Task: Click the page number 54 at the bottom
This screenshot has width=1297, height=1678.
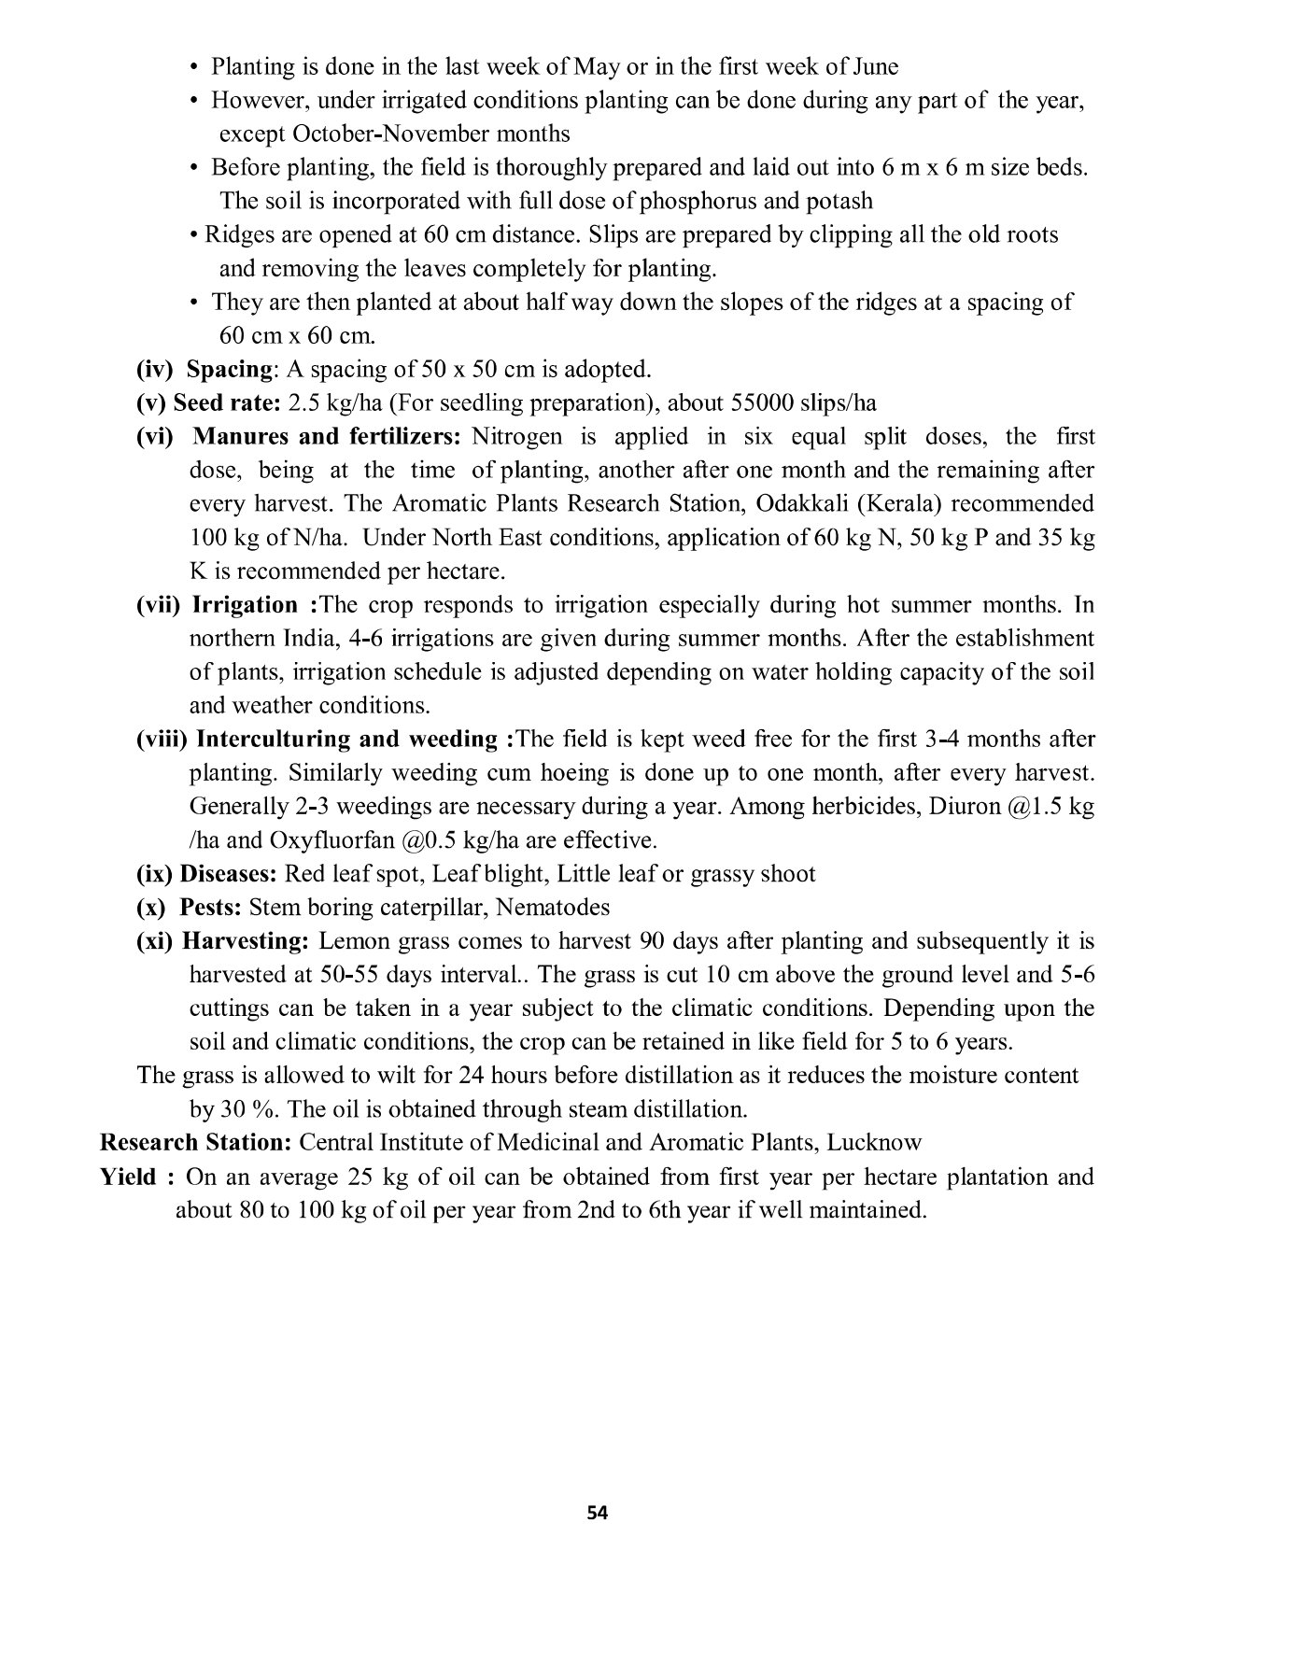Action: (x=598, y=1514)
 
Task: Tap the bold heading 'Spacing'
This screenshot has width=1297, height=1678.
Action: (x=229, y=369)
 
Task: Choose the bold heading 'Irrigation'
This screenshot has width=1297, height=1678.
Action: (x=245, y=604)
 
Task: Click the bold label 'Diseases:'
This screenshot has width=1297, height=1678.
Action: (x=228, y=873)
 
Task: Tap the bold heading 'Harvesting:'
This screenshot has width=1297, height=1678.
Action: (x=246, y=940)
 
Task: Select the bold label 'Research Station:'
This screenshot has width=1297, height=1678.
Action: (x=197, y=1142)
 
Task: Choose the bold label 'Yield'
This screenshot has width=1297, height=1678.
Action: (x=128, y=1176)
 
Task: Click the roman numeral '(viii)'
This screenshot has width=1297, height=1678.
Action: (x=162, y=739)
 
